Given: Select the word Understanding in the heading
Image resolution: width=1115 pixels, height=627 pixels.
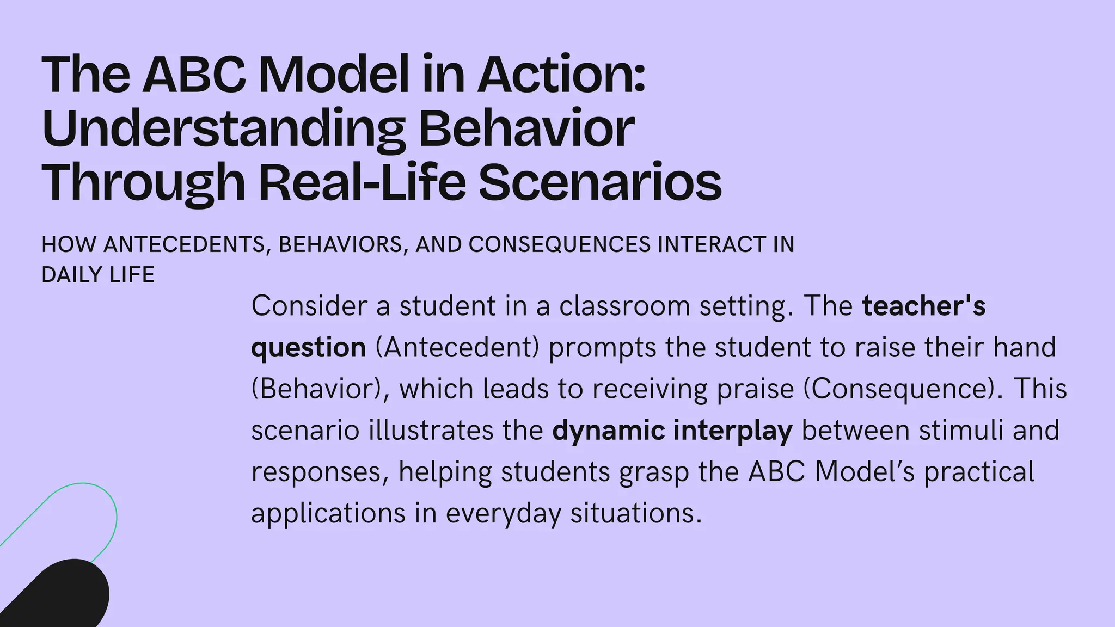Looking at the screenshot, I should tap(223, 129).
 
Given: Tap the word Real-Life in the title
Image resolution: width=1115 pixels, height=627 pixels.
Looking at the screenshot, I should tap(362, 182).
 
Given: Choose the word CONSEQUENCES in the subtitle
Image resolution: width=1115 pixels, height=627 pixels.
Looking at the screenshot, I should tap(559, 245).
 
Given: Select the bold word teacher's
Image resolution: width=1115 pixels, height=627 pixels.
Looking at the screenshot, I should tap(923, 306).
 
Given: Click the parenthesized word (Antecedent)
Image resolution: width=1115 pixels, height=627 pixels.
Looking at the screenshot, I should tap(457, 347).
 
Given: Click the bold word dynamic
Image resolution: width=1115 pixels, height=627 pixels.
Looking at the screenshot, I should tap(608, 431).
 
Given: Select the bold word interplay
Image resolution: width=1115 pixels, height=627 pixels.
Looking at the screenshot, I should tap(732, 431).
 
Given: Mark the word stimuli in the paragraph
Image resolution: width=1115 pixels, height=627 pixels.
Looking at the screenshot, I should tap(961, 430).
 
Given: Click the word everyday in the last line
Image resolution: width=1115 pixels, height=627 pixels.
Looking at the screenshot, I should tap(503, 513).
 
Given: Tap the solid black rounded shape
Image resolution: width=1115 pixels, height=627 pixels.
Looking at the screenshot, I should tap(60, 596).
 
